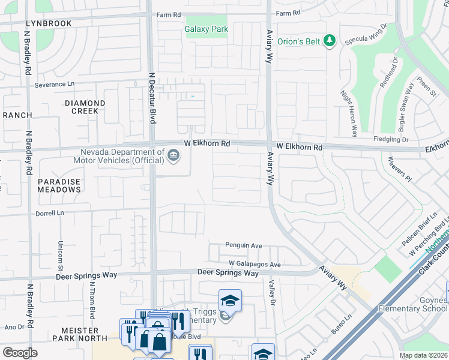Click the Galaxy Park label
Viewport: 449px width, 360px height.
206,29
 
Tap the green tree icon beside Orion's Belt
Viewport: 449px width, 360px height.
329,41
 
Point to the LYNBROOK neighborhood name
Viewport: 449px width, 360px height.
49,23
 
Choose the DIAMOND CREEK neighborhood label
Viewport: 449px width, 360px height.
85,107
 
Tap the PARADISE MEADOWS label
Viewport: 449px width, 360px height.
59,185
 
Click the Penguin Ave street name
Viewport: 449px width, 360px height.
244,245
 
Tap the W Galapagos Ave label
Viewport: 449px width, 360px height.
255,265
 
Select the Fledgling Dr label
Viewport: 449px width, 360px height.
392,139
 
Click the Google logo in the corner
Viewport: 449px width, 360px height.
20,353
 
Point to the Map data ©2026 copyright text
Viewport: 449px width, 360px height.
423,355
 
